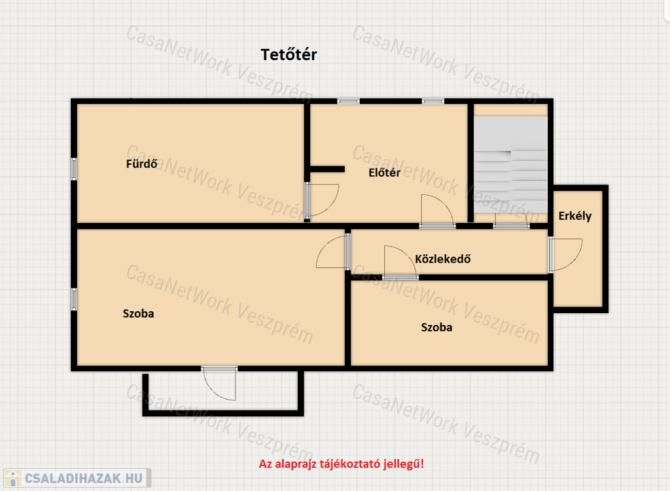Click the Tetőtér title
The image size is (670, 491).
[289, 55]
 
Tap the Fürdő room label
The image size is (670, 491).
[141, 163]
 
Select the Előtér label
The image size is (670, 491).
[384, 173]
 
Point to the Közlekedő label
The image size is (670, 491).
[443, 259]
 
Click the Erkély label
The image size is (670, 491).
[574, 216]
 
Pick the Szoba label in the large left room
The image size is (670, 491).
[138, 313]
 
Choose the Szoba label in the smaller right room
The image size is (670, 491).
[436, 327]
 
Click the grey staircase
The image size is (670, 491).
[510, 164]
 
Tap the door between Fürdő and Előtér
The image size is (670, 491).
[321, 201]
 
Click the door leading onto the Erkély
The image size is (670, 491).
[565, 254]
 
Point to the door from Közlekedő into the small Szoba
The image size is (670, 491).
[400, 262]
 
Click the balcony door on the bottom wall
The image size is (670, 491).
[219, 383]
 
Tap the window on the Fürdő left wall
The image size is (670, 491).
[74, 169]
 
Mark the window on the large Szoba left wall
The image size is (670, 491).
[74, 299]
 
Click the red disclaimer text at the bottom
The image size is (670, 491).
[342, 464]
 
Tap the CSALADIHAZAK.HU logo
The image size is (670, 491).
[77, 478]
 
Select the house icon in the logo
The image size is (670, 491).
[13, 478]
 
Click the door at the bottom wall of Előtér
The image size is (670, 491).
[438, 211]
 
